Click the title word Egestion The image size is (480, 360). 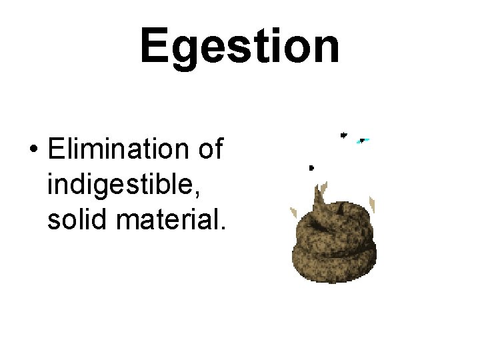click(x=239, y=47)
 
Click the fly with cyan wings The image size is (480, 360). click(x=363, y=141)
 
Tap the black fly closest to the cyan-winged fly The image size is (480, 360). click(x=343, y=135)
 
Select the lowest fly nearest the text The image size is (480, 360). click(x=311, y=167)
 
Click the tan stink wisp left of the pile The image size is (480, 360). click(x=293, y=213)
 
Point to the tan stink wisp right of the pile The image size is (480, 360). click(x=373, y=204)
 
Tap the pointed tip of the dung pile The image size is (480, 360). click(x=322, y=189)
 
